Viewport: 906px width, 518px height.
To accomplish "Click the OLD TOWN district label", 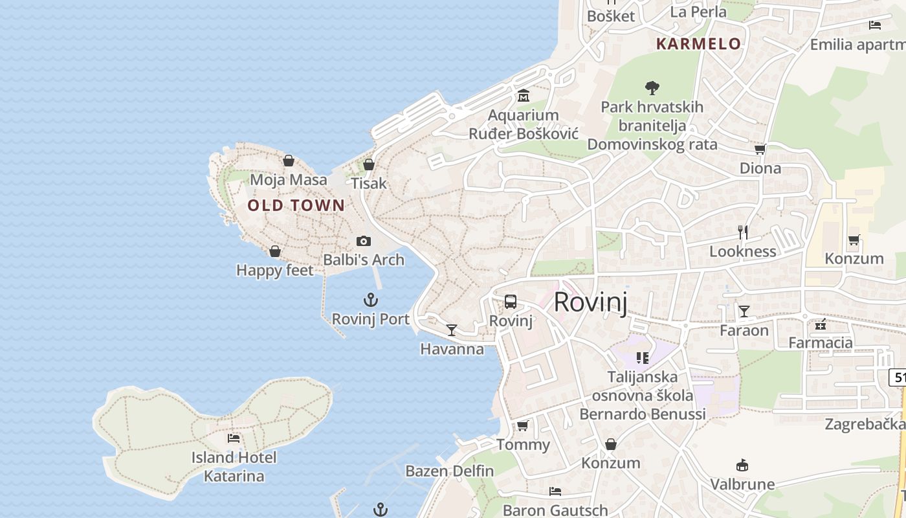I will point(296,206).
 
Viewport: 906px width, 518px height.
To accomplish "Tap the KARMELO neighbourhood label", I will point(698,44).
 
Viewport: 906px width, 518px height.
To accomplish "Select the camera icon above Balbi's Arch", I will point(364,242).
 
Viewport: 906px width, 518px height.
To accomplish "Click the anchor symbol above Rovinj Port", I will point(371,300).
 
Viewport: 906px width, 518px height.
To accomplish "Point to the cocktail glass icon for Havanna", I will point(452,330).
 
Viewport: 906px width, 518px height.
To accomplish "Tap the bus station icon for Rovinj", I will point(511,302).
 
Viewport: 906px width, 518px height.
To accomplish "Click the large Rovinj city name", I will point(591,302).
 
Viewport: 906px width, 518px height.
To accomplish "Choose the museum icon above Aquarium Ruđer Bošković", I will point(524,96).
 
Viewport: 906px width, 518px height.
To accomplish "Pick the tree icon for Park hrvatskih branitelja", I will point(652,87).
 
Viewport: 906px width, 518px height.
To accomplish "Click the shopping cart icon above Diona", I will point(760,150).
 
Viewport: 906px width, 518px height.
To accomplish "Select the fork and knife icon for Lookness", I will point(743,232).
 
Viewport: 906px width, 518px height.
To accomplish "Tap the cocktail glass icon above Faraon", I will point(744,311).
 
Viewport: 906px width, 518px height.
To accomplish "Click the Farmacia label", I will point(821,343).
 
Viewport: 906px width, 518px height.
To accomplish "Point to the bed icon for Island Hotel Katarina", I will point(234,438).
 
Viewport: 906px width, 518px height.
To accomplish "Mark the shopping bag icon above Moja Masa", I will point(289,160).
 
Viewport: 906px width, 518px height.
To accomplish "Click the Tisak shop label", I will point(369,183).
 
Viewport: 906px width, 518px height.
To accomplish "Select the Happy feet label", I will point(275,270).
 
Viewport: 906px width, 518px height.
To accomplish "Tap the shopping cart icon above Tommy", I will point(523,425).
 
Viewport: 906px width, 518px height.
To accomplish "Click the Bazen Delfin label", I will point(450,471).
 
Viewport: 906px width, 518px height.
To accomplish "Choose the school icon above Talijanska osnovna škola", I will point(643,357).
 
